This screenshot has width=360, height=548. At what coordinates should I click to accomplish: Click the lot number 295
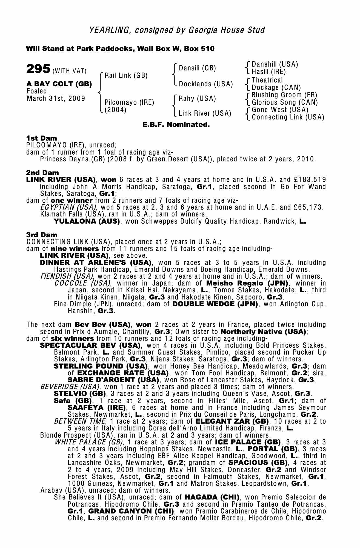38,69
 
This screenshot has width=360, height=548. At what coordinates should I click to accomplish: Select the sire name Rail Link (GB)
126,75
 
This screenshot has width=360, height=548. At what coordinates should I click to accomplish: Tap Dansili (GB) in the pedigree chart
197,68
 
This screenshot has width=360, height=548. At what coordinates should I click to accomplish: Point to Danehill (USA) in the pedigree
275,64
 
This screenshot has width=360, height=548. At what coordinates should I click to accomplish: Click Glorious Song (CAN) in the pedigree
285,102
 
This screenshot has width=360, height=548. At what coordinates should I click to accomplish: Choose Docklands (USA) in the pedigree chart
206,84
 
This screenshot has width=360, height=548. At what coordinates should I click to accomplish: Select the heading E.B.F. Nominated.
176,125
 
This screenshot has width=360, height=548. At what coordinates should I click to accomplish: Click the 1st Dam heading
42,138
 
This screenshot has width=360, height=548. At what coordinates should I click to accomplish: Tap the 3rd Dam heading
42,235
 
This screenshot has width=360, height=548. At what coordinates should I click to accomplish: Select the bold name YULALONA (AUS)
87,221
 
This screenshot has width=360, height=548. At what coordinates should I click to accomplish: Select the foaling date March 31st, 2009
56,99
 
